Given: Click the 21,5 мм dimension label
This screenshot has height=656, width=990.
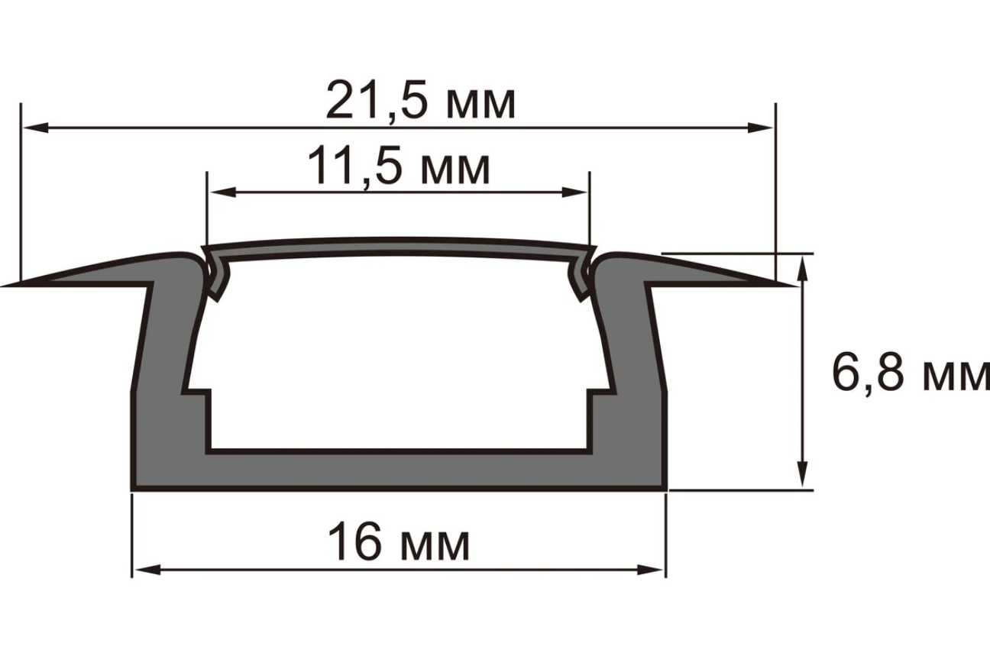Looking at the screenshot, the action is tap(420, 101).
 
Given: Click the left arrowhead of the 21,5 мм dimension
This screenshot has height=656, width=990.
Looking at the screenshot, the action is tap(35, 128).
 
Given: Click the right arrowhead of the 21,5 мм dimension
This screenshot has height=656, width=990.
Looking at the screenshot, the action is tap(760, 128).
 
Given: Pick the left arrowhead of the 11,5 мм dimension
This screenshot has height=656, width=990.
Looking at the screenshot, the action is tap(222, 192).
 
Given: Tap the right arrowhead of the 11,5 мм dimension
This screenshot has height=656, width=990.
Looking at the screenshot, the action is tap(574, 192).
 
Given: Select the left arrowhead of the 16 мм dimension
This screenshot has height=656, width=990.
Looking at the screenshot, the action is tap(147, 570).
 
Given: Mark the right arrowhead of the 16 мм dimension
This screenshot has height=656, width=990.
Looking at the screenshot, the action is tap(651, 570).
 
